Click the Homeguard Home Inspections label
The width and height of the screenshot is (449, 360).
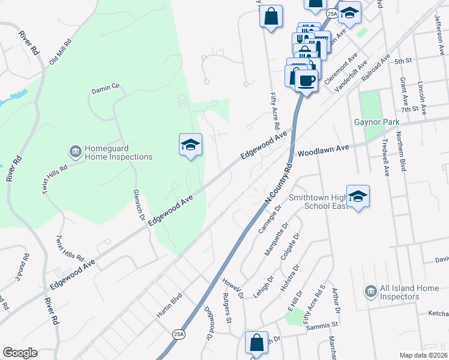(x=118, y=152)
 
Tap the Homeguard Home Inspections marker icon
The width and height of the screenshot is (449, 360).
(x=76, y=150)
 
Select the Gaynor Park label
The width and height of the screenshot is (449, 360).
(x=376, y=122)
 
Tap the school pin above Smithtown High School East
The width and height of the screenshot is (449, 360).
(x=358, y=196)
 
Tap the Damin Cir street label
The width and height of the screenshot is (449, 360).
(x=106, y=89)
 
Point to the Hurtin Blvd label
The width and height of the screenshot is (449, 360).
(x=169, y=306)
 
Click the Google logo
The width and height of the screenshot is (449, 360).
(x=20, y=353)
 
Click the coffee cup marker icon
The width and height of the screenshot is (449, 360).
(x=306, y=79)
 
